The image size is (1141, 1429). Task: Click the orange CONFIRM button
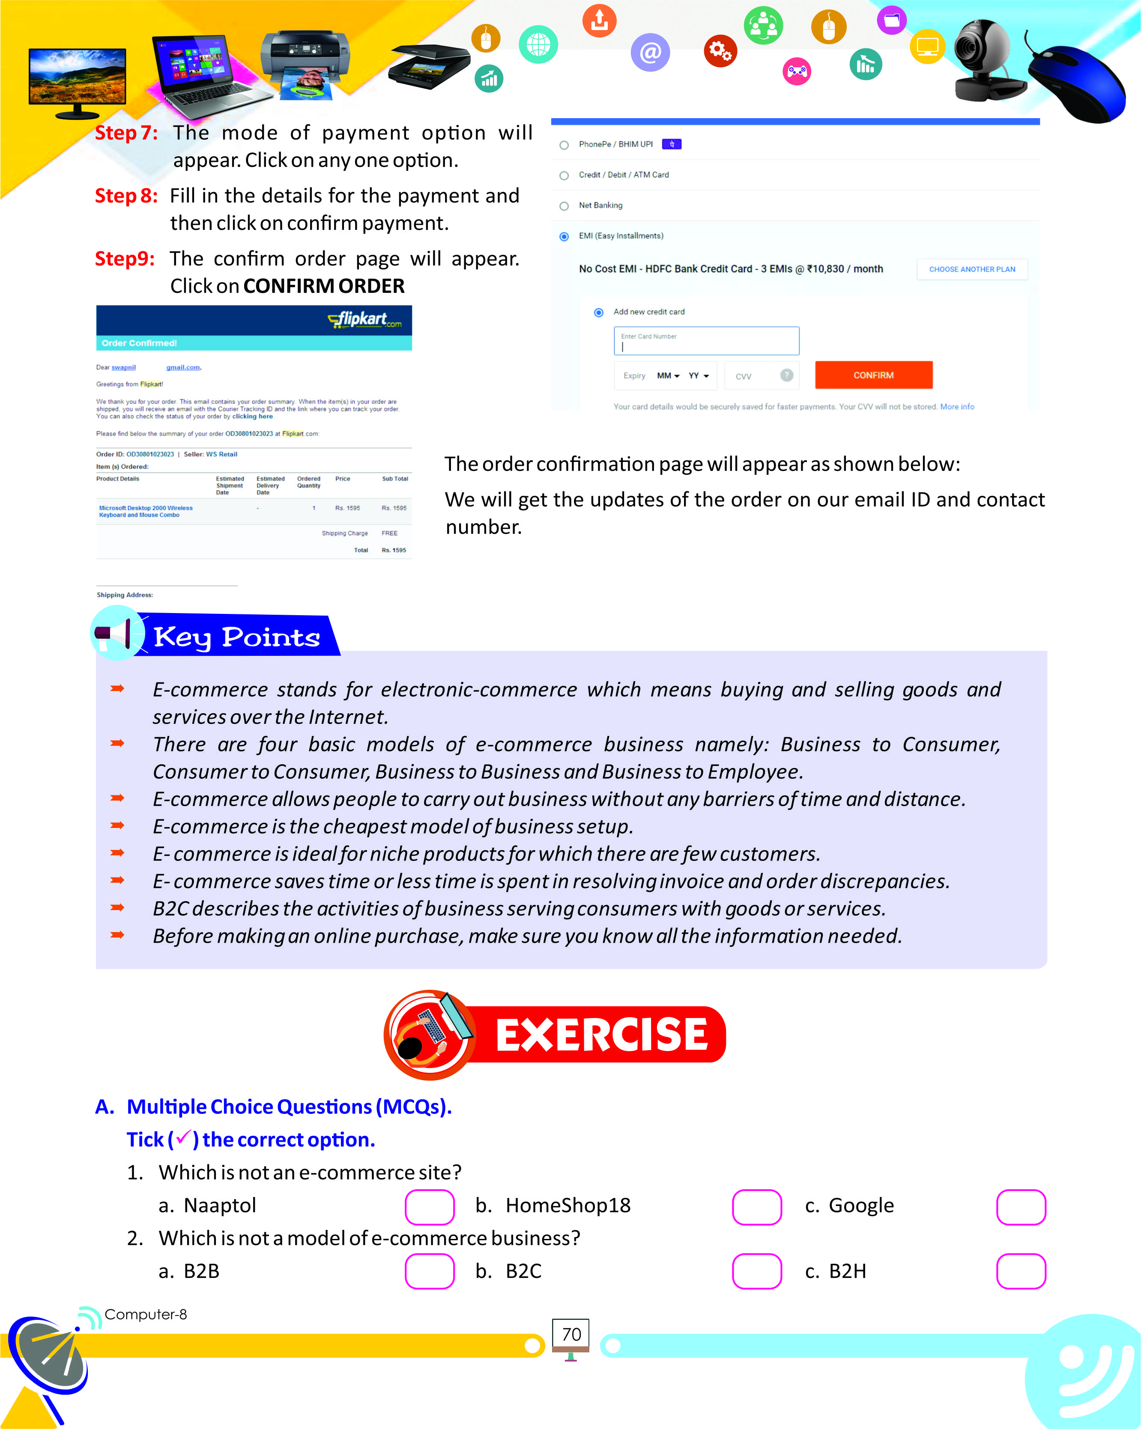coord(873,375)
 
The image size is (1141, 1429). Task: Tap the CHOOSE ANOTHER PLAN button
coord(971,269)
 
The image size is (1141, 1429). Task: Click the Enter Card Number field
coord(706,341)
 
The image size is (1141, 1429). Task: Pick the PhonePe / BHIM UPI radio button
coord(564,145)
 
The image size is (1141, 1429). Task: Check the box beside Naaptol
coord(430,1207)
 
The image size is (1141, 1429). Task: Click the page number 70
coord(571,1334)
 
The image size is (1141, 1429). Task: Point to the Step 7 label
coord(126,133)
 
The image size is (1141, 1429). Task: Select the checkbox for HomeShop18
coord(756,1207)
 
